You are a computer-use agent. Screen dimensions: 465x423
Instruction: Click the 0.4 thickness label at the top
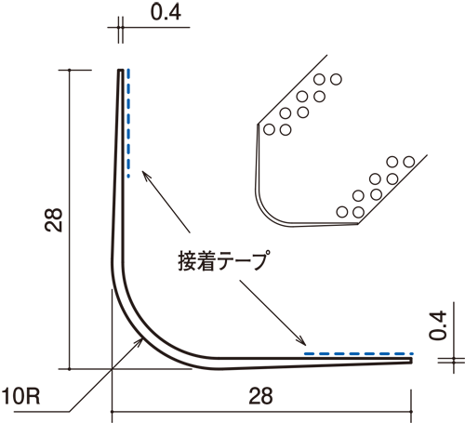pyautogui.click(x=166, y=13)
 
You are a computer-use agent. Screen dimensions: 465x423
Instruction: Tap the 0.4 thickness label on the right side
pyautogui.click(x=438, y=325)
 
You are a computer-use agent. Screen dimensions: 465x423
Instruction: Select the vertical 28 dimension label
pyautogui.click(x=53, y=220)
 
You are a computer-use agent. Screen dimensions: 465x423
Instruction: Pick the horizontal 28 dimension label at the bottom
pyautogui.click(x=260, y=396)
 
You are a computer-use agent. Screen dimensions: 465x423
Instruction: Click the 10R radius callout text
pyautogui.click(x=20, y=396)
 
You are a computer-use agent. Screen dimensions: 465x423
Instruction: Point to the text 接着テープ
pyautogui.click(x=222, y=260)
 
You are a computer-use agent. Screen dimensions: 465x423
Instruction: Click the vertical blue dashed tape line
pyautogui.click(x=128, y=124)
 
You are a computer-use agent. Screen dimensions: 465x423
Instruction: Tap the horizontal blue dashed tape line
pyautogui.click(x=359, y=353)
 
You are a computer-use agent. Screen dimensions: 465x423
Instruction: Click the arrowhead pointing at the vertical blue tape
pyautogui.click(x=145, y=175)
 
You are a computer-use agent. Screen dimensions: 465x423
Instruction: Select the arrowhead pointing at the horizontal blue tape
pyautogui.click(x=302, y=342)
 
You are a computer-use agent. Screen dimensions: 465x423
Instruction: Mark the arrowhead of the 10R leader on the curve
pyautogui.click(x=140, y=341)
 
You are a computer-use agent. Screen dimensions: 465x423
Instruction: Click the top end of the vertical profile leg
pyautogui.click(x=121, y=70)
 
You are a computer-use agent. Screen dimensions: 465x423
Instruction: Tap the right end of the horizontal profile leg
pyautogui.click(x=411, y=361)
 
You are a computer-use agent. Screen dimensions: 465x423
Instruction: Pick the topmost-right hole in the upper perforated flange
pyautogui.click(x=336, y=79)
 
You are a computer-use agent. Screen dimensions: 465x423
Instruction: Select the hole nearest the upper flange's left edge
pyautogui.click(x=269, y=129)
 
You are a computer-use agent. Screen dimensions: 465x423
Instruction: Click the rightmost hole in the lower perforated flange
pyautogui.click(x=409, y=162)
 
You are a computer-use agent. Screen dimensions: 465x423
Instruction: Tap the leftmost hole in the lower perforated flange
pyautogui.click(x=342, y=212)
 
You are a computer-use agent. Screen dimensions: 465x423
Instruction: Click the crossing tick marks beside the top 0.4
pyautogui.click(x=121, y=27)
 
